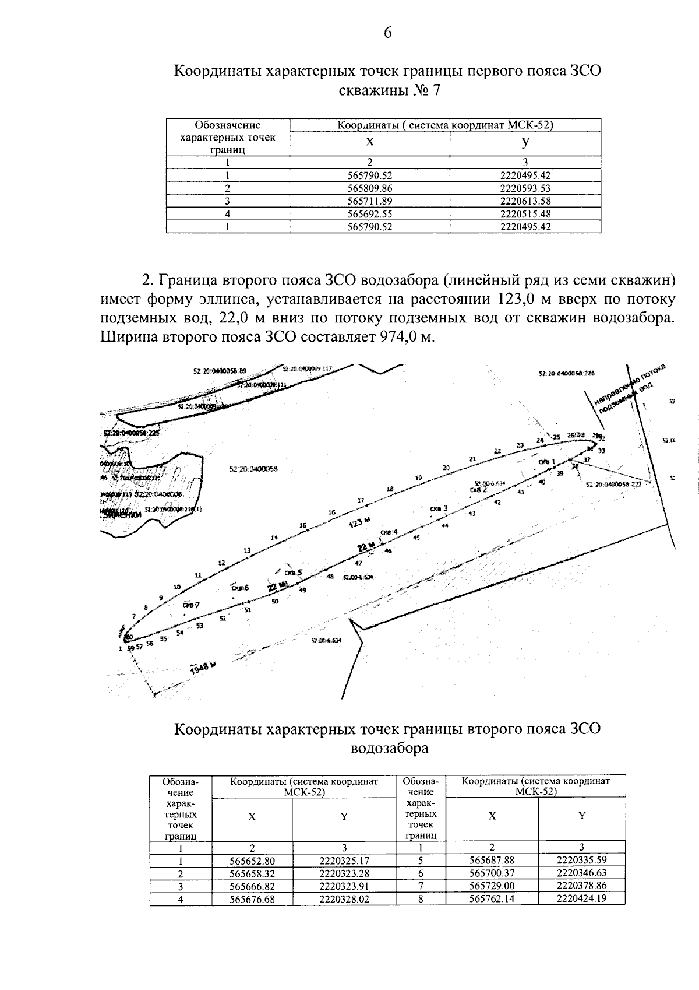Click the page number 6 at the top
coord(387,33)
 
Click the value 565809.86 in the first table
coord(369,188)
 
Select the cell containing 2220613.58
coord(525,201)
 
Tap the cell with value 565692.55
coord(369,214)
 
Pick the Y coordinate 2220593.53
coord(525,188)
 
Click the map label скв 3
coord(439,508)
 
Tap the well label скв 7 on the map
coord(190,605)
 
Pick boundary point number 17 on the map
coord(361,500)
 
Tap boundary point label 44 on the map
coord(444,526)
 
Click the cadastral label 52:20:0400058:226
coord(563,374)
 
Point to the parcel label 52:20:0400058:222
coord(613,484)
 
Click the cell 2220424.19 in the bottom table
coord(581,898)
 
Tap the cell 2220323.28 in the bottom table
coord(344,873)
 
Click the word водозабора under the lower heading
coord(389,748)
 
